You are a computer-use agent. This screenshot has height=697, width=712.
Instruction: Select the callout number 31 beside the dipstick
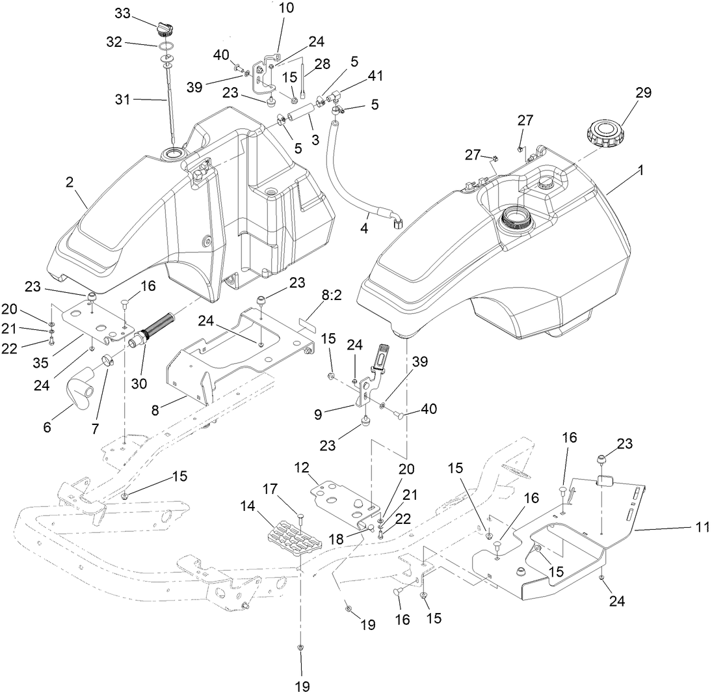click(x=124, y=100)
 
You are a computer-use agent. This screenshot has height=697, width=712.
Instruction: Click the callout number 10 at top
click(x=285, y=8)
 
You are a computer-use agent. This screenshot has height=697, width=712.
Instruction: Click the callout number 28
click(x=322, y=64)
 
